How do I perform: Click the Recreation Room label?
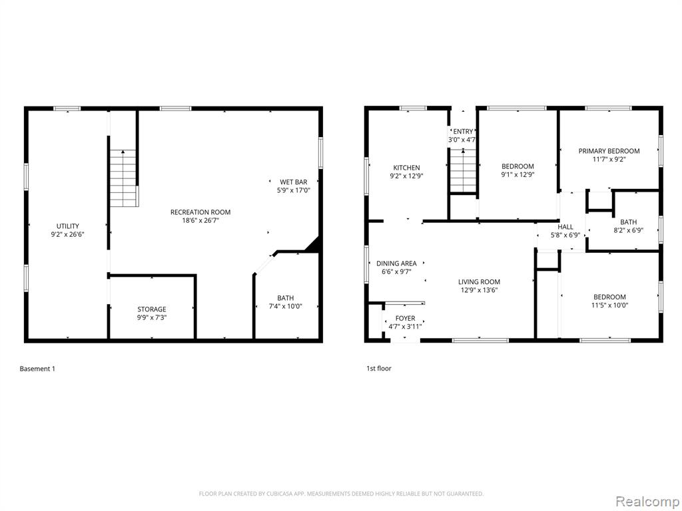pos(200,212)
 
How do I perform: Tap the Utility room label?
pos(68,226)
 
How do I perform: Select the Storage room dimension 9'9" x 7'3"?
pos(152,317)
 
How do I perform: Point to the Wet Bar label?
pos(294,182)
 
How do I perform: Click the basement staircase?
pos(124,178)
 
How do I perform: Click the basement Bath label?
pos(285,298)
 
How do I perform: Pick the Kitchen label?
pos(407,168)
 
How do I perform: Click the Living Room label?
pos(480,282)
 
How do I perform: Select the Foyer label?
pos(406,319)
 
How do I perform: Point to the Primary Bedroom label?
pos(609,151)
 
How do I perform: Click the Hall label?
pos(565,227)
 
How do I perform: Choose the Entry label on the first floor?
pos(464,132)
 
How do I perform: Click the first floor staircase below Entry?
pos(464,171)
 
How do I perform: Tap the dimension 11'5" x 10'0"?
pos(610,305)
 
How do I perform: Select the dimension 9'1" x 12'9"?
pos(517,175)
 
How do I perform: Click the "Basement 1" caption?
pos(37,369)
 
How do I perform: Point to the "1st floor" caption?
pos(379,369)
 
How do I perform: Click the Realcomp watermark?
pos(647,502)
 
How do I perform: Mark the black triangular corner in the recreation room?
pos(315,246)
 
